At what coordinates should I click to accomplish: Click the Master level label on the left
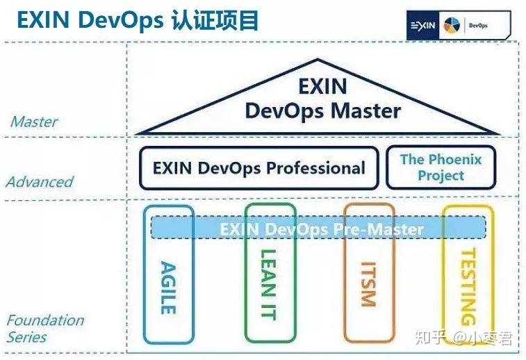(x=33, y=122)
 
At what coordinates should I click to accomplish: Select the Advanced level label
(x=40, y=182)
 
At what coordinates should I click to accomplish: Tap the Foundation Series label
(x=44, y=329)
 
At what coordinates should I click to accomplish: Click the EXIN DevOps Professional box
(x=258, y=167)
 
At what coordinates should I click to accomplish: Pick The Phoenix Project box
(x=441, y=167)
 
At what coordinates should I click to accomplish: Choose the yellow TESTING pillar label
(x=468, y=286)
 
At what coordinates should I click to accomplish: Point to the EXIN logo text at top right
(x=422, y=26)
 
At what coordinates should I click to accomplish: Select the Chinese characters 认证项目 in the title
(x=215, y=20)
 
